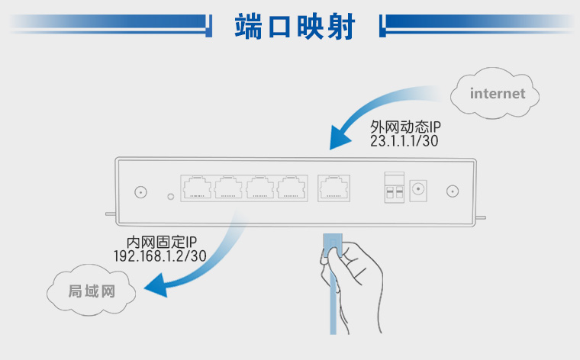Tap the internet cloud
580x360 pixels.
coord(497,94)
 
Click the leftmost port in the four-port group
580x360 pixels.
coord(196,188)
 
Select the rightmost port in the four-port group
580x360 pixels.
coord(292,188)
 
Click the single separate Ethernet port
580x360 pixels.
coord(333,188)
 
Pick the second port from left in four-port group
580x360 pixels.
coord(228,188)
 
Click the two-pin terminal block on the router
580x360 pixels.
coord(394,187)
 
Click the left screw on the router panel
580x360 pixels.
coord(140,193)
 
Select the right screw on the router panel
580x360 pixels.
coord(452,193)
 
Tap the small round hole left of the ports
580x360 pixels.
coord(169,196)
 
